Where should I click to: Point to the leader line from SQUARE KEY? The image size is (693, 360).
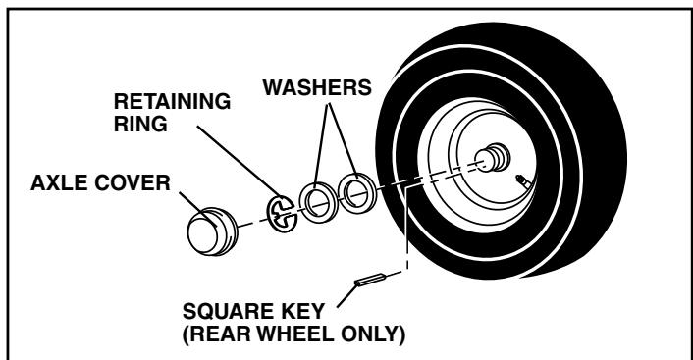click(337, 292)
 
